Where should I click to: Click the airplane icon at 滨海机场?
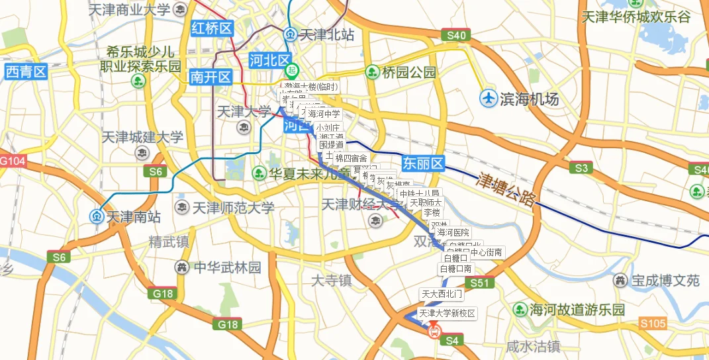point(489,99)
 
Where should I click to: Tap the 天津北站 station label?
point(326,34)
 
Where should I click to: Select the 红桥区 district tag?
point(212,28)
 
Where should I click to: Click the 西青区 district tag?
point(26,71)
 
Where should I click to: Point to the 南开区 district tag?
point(210,77)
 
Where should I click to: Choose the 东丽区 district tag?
point(422,163)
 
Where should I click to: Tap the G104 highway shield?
point(11,161)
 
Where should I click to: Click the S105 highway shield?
point(653,324)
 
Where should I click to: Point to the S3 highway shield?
point(581,168)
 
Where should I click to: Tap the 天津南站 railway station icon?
point(96,216)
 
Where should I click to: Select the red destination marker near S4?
point(434,330)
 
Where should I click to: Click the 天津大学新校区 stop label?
point(447,313)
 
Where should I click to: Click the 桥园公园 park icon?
point(372,72)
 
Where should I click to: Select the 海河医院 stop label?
point(453,233)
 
